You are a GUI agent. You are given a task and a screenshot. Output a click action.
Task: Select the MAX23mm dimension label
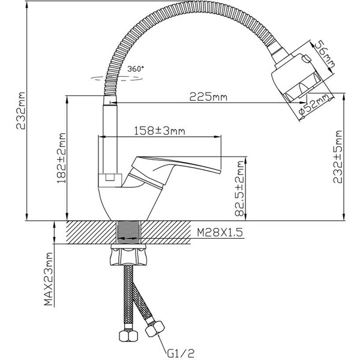[x=49, y=281]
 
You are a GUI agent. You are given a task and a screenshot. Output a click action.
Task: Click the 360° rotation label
[x=136, y=69]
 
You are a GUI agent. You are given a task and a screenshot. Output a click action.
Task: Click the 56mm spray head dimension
[x=321, y=56]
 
